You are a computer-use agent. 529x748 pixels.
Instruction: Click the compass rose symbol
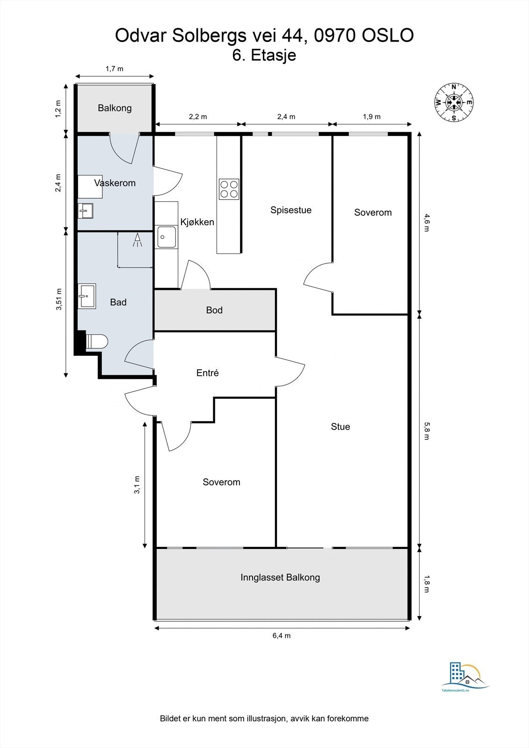(454, 102)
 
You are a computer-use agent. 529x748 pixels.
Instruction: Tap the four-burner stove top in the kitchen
(229, 189)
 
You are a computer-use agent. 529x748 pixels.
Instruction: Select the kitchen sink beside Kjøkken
(167, 237)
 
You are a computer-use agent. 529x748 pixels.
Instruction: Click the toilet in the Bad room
(96, 342)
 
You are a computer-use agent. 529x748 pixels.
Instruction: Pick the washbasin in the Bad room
(87, 296)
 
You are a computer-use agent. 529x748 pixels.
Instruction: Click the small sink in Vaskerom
(86, 211)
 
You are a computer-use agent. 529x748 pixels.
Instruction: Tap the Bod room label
(214, 310)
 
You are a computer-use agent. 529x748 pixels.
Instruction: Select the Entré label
(208, 373)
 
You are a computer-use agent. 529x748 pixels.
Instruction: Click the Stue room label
(341, 427)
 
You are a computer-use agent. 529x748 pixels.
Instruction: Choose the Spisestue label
(291, 210)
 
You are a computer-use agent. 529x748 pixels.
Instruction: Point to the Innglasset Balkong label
(280, 577)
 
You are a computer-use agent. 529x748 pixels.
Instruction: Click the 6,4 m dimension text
(282, 635)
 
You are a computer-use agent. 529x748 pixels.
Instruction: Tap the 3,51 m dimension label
(59, 299)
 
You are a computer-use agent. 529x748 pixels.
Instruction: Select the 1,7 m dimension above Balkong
(115, 69)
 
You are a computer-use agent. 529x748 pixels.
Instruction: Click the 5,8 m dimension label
(427, 431)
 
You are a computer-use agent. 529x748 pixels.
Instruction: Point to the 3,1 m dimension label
(137, 484)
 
